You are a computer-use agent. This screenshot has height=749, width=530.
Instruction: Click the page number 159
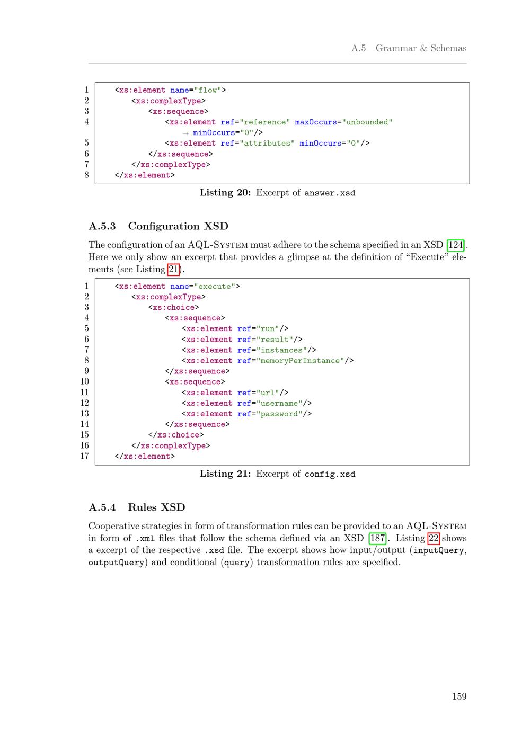point(459,696)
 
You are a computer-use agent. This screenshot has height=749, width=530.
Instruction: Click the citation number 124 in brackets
point(456,245)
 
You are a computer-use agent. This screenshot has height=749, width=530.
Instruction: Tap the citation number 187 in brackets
point(377,538)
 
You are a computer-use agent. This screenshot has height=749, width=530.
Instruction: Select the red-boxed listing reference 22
point(434,538)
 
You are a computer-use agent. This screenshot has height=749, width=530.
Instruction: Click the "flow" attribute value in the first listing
point(208,90)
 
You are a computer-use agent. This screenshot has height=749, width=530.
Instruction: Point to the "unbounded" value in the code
point(367,122)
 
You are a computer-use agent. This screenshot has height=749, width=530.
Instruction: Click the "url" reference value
point(269,393)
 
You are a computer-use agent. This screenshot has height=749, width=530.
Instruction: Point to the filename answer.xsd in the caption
point(330,193)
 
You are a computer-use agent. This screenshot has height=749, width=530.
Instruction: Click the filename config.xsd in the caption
point(330,474)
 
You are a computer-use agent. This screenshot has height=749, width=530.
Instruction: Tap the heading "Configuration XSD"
point(178,226)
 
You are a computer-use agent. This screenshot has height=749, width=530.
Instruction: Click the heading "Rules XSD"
point(156,507)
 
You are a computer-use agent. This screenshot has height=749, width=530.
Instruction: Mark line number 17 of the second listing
point(85,456)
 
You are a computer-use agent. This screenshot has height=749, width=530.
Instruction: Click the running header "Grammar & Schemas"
point(421,48)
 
